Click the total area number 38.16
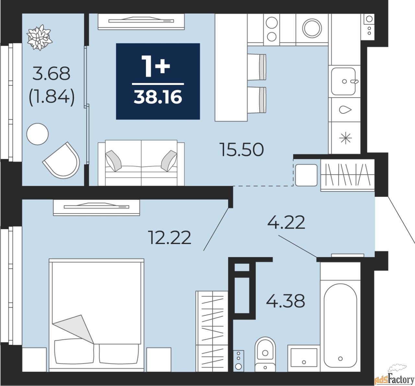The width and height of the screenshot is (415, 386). (158, 97)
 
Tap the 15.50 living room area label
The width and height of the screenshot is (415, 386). (242, 150)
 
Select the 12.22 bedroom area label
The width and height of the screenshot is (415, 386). (169, 238)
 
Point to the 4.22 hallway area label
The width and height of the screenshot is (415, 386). (286, 223)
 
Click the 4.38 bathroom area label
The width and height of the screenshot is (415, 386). (285, 301)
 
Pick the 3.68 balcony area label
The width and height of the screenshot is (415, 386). (51, 74)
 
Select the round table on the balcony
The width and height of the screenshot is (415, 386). (38, 134)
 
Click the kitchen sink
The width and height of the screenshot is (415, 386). (344, 81)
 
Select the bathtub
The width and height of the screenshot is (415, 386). (340, 324)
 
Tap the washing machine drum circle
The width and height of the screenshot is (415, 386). (312, 28)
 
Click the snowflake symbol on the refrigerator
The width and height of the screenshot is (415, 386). (345, 138)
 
